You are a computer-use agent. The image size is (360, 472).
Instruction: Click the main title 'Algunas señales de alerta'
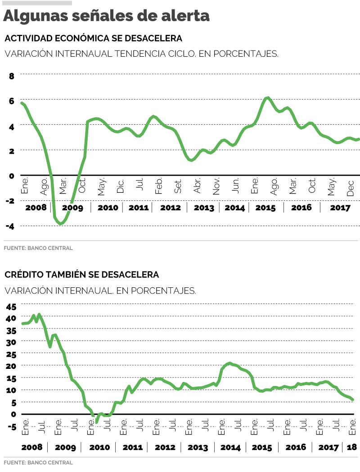[107, 16]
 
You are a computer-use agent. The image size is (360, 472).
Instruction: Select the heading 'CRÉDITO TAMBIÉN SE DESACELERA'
[81, 274]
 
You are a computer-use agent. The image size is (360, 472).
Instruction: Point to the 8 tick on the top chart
[12, 76]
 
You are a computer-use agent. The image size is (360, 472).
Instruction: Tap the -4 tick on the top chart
[10, 226]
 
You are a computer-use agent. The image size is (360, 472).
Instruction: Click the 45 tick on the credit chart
[11, 307]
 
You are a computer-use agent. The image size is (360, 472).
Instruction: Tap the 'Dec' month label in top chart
[351, 186]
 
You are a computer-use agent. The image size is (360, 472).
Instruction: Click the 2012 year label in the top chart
[170, 208]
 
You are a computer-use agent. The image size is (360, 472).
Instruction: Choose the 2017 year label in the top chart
[341, 208]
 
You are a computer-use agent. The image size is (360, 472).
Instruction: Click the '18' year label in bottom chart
[352, 447]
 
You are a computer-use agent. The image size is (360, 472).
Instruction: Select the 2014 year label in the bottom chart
[230, 447]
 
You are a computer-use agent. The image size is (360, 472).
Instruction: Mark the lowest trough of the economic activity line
[61, 223]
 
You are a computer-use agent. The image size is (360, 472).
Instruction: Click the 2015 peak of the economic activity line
[268, 98]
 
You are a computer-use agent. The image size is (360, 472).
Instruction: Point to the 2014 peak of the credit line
[230, 363]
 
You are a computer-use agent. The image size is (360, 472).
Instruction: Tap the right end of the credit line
[353, 399]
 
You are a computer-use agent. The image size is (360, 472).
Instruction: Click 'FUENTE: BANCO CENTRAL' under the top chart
[38, 248]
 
